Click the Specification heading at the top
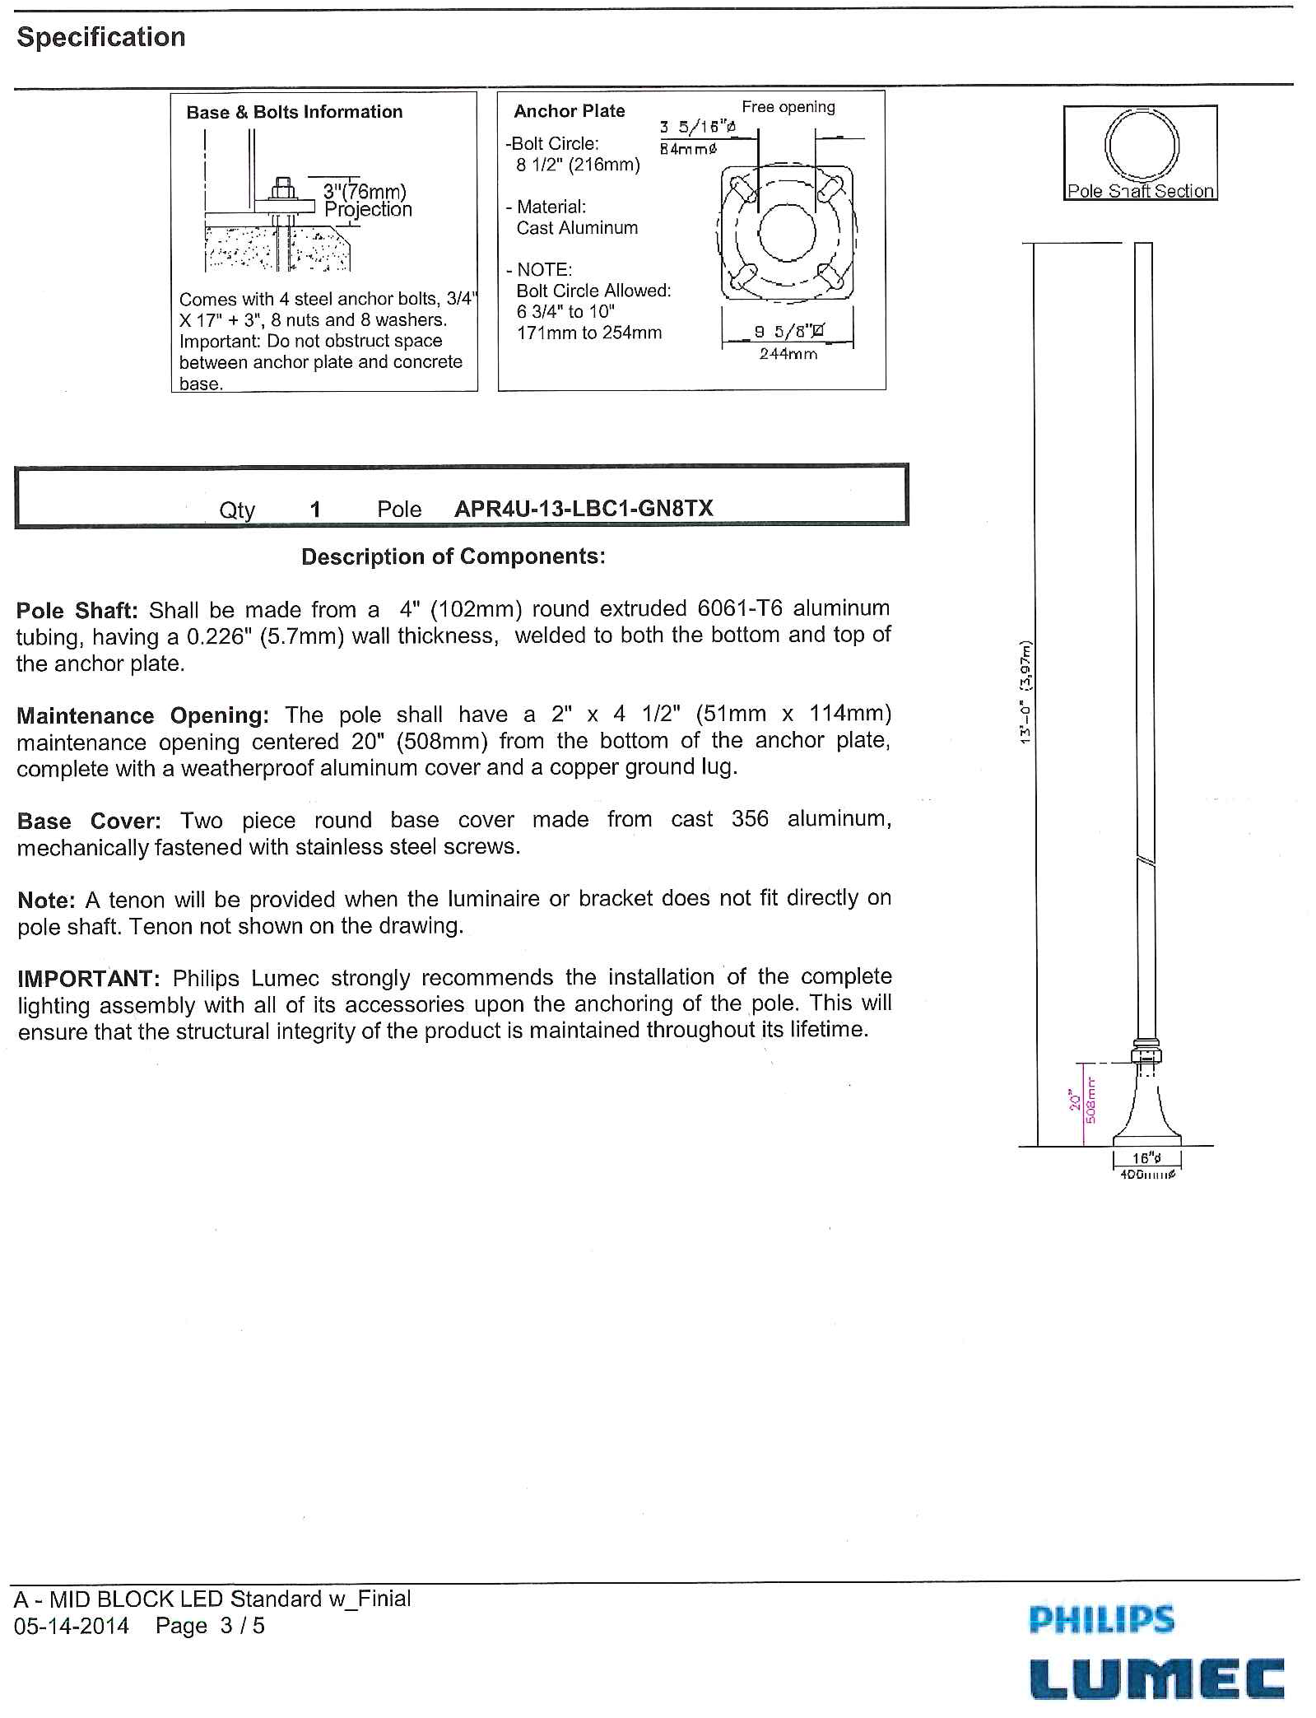point(101,38)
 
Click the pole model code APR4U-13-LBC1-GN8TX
point(584,509)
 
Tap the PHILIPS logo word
point(1101,1619)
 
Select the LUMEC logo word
point(1156,1679)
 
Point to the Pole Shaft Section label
point(1140,191)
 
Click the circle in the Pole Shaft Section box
point(1142,145)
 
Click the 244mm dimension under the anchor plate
point(788,354)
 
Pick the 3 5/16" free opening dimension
point(697,127)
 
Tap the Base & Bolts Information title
point(295,112)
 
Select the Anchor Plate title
point(570,111)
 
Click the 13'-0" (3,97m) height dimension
point(1025,692)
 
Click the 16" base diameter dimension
point(1146,1158)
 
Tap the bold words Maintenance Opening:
point(142,715)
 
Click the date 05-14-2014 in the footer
point(72,1626)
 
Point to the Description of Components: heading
point(453,556)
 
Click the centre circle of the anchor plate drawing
point(787,231)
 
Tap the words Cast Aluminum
point(577,228)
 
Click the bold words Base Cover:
point(89,821)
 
